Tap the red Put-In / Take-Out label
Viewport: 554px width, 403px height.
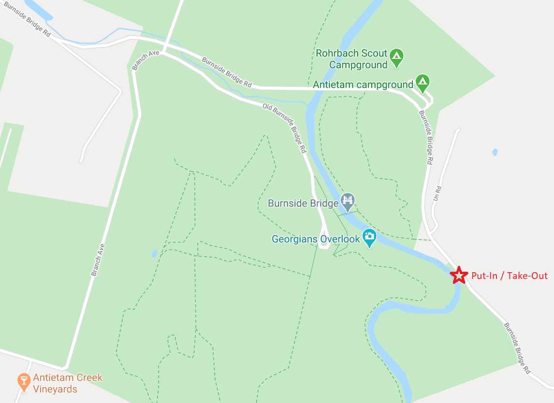510,276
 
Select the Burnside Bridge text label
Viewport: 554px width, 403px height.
303,203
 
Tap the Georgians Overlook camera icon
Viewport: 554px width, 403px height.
369,236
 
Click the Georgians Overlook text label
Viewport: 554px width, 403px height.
316,239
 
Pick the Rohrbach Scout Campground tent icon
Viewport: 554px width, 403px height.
396,56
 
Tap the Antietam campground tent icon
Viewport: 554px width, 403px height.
423,82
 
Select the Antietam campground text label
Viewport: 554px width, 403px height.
363,85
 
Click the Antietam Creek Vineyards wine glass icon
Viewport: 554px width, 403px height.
23,381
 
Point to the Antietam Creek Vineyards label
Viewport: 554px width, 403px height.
68,383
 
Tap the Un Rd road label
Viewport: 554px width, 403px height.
438,194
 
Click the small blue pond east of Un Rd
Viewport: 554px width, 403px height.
494,152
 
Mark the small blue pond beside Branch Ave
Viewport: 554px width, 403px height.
154,253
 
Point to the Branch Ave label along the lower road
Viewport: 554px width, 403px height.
98,260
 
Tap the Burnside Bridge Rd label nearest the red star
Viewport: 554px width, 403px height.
517,348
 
